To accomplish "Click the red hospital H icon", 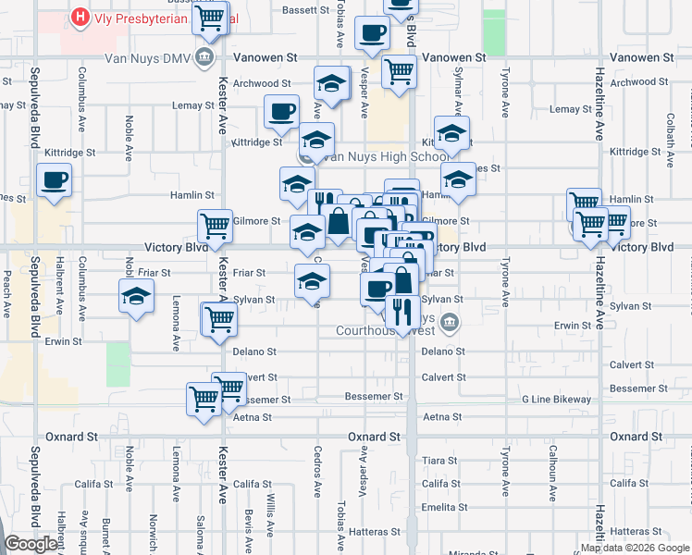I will pyautogui.click(x=80, y=18).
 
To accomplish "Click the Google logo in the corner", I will pyautogui.click(x=31, y=544).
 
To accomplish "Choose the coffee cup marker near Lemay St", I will pyautogui.click(x=281, y=111).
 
